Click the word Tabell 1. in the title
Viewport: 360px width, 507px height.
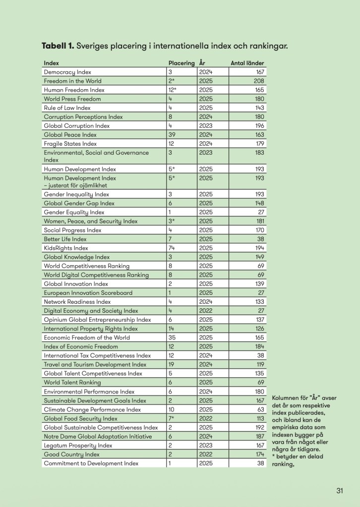pyautogui.click(x=58, y=46)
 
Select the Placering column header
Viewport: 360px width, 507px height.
pyautogui.click(x=181, y=63)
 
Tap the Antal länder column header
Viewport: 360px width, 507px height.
pyautogui.click(x=247, y=63)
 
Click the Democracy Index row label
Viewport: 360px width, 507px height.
pyautogui.click(x=67, y=72)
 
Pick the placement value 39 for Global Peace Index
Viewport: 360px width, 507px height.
pyautogui.click(x=172, y=135)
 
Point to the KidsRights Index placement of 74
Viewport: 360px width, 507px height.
pyautogui.click(x=172, y=248)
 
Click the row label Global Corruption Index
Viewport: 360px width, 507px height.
pyautogui.click(x=76, y=126)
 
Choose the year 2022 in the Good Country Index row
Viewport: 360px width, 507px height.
pyautogui.click(x=205, y=454)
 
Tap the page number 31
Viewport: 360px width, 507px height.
pyautogui.click(x=340, y=491)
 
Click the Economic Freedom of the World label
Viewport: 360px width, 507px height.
pyautogui.click(x=87, y=338)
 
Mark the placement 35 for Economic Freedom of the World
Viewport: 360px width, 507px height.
pyautogui.click(x=172, y=338)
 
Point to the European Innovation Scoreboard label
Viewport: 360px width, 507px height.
pyautogui.click(x=88, y=293)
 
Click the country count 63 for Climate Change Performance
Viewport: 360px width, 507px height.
pyautogui.click(x=260, y=410)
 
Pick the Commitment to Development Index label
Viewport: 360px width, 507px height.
pyautogui.click(x=91, y=463)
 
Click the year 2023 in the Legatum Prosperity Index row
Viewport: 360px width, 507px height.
pyautogui.click(x=205, y=446)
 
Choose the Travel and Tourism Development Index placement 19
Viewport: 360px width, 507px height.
pyautogui.click(x=172, y=365)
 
